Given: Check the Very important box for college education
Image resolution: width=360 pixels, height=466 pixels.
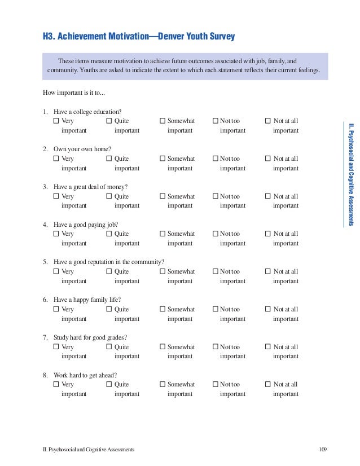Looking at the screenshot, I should click(x=56, y=121).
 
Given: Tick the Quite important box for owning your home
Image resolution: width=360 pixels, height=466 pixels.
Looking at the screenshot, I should click(x=109, y=159).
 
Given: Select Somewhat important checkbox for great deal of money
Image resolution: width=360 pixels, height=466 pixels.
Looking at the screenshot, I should click(x=163, y=196).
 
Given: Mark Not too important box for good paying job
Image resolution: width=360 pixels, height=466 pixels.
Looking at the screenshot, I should click(x=216, y=234).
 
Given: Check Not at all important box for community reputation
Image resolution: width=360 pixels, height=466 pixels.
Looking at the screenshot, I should click(x=268, y=271).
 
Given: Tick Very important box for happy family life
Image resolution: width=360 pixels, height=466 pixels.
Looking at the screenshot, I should click(x=56, y=309).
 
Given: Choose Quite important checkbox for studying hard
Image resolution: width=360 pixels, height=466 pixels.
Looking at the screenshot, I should click(x=109, y=347).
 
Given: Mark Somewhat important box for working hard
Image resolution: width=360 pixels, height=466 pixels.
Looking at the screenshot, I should click(x=163, y=384).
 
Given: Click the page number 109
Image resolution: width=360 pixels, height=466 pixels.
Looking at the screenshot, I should click(x=323, y=449).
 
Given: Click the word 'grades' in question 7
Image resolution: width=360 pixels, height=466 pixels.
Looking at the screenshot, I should click(x=116, y=337).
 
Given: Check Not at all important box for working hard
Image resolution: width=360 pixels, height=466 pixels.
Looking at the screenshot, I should click(x=268, y=384).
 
